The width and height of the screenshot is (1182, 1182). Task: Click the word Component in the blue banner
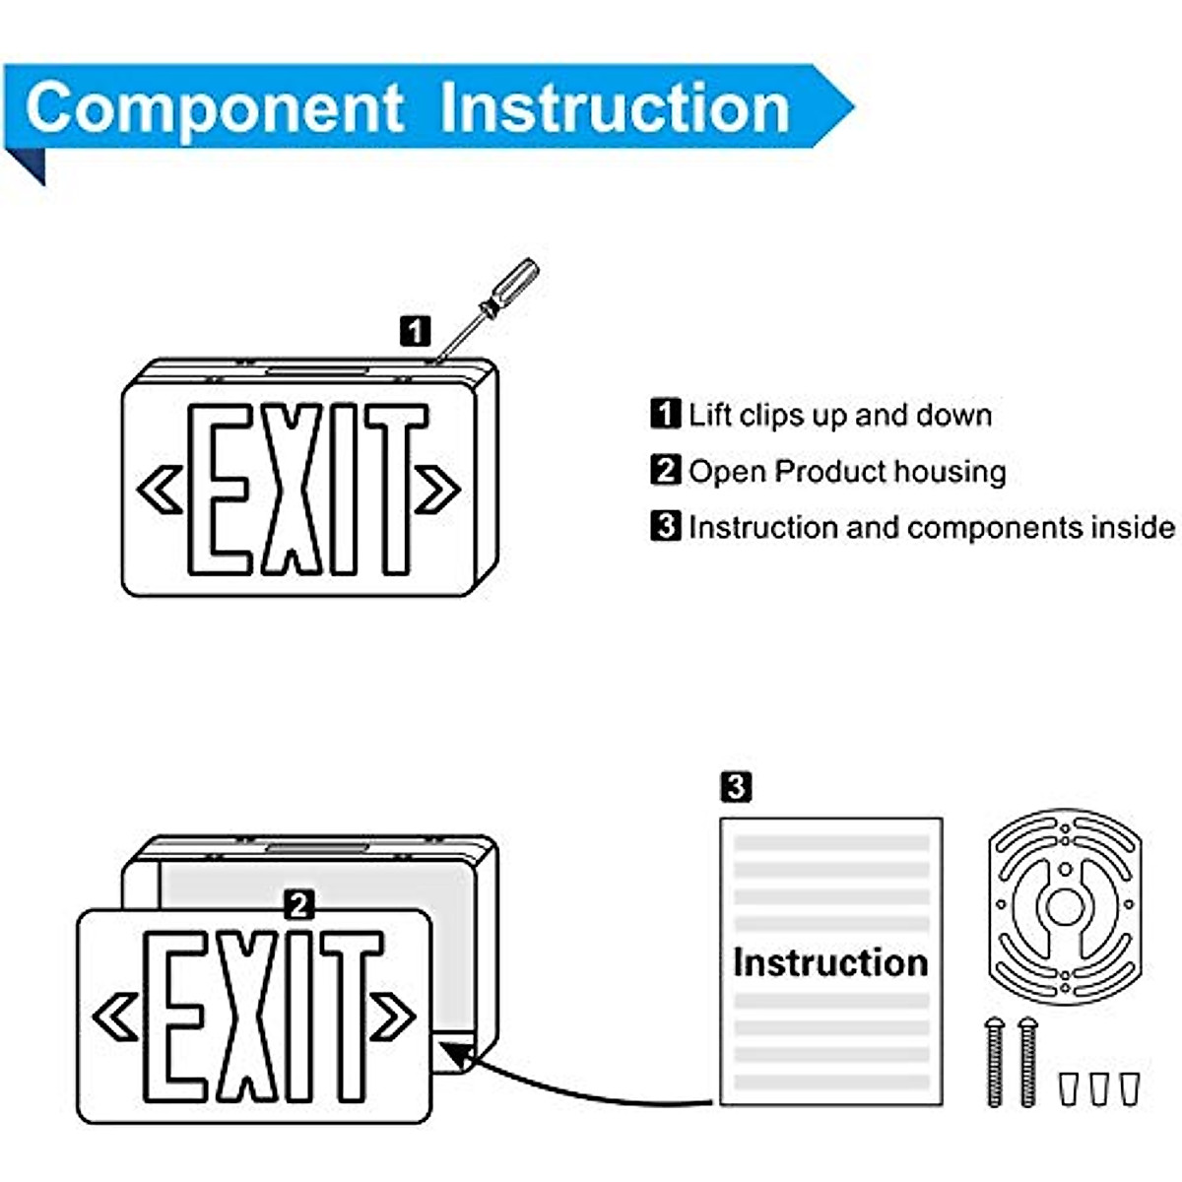(214, 108)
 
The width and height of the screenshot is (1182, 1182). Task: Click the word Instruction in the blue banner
(615, 108)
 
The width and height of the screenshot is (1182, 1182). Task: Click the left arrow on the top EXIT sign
(160, 490)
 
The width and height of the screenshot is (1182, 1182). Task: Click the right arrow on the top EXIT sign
(438, 490)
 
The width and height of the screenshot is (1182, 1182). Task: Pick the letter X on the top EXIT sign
(294, 490)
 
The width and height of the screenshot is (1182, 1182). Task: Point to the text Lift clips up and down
(839, 415)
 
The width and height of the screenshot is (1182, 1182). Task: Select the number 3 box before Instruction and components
(666, 526)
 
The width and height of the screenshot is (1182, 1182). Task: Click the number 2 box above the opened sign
(298, 904)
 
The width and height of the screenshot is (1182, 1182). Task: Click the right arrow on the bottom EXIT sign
(393, 1018)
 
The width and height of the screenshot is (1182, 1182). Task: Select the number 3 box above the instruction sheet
(736, 787)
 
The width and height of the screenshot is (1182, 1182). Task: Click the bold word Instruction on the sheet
(830, 962)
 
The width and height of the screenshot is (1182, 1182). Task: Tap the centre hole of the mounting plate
(1064, 907)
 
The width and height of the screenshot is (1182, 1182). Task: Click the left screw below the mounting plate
(995, 1062)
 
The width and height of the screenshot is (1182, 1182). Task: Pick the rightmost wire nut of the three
(1130, 1087)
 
